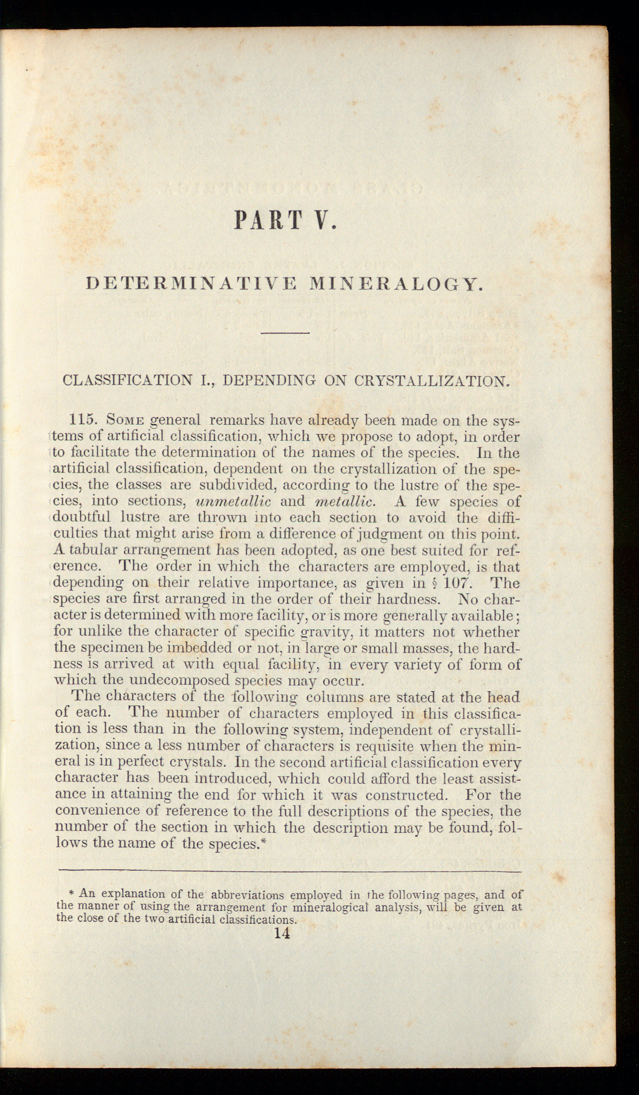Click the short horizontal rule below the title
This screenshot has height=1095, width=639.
[x=285, y=333]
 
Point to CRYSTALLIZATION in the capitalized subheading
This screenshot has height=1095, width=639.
[x=432, y=380]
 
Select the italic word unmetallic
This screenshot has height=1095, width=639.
[x=233, y=501]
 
